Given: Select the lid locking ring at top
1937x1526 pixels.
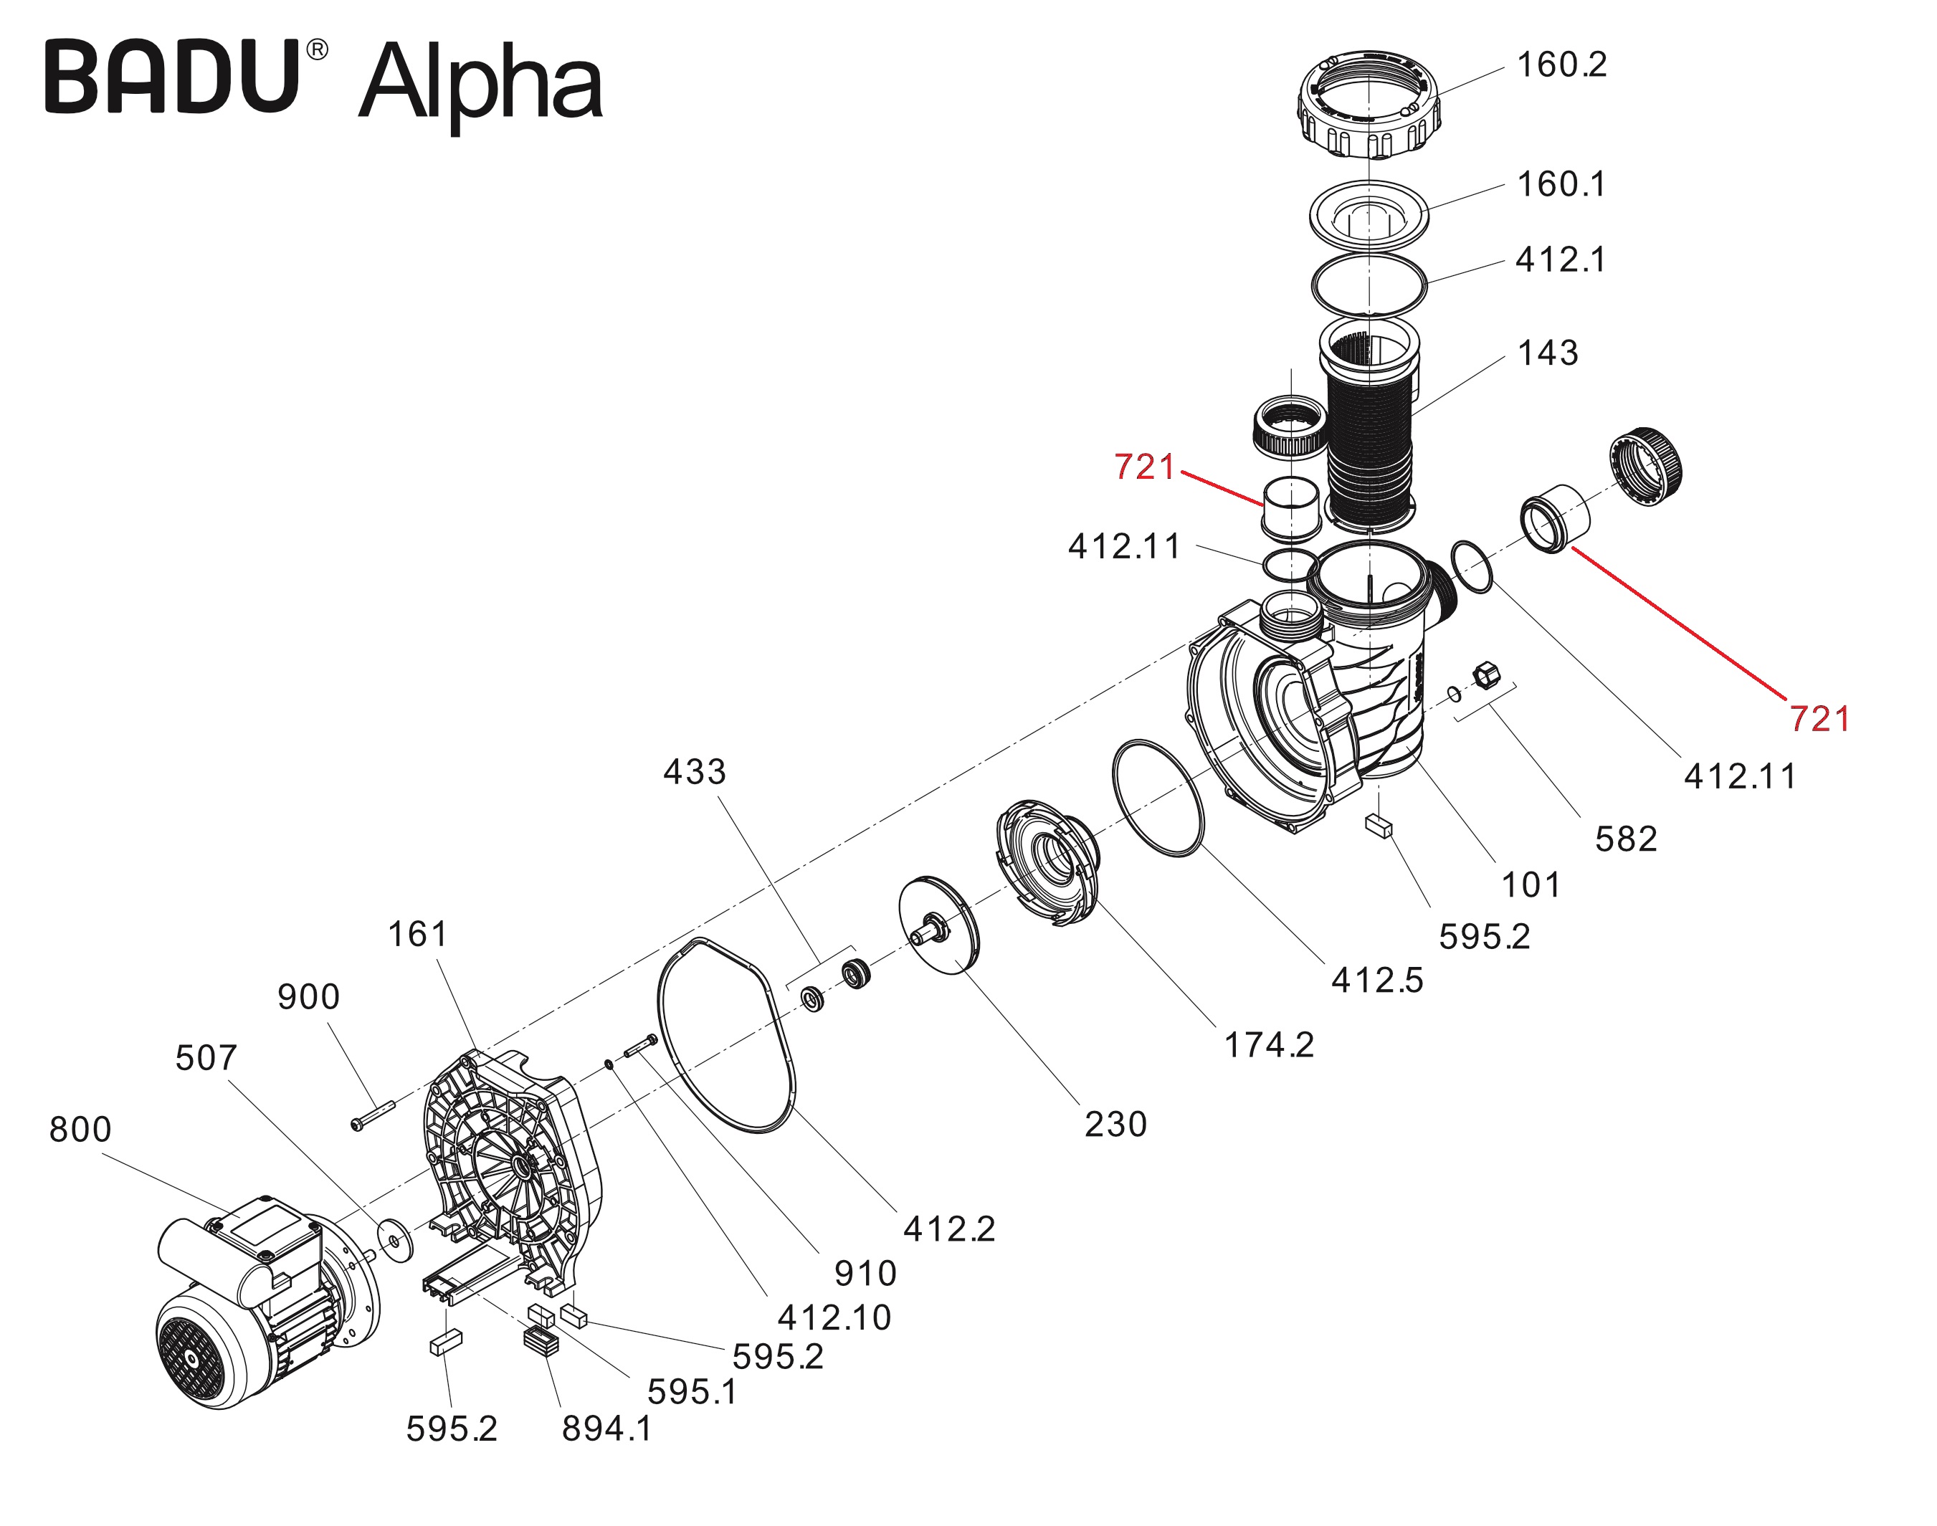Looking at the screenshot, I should (x=1368, y=105).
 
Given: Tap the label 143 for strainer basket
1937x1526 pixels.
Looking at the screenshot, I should (x=1548, y=353).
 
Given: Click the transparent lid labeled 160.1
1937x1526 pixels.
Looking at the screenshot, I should (x=1368, y=215).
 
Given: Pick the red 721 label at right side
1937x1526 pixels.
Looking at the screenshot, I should (x=1819, y=718).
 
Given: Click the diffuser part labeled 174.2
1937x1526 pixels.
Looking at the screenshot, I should (x=1045, y=862).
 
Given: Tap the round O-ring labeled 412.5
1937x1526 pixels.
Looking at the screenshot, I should (x=1157, y=797).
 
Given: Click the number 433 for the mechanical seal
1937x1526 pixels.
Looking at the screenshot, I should (x=694, y=772).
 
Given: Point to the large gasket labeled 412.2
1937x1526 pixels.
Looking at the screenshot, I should (x=725, y=1036).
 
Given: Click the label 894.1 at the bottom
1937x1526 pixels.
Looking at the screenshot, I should (x=606, y=1429).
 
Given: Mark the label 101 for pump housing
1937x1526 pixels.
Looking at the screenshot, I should (x=1531, y=884).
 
